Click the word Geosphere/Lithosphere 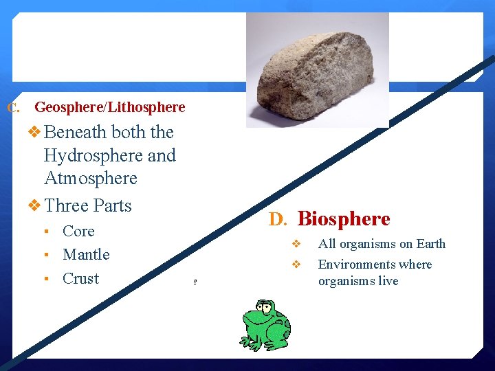pyautogui.click(x=110, y=107)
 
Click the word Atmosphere pyautogui.click(x=90, y=179)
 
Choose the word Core pyautogui.click(x=78, y=232)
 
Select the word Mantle pyautogui.click(x=86, y=255)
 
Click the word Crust pyautogui.click(x=80, y=279)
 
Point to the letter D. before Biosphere pyautogui.click(x=278, y=220)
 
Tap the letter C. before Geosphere pyautogui.click(x=13, y=108)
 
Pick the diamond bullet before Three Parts pyautogui.click(x=34, y=205)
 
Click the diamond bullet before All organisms pyautogui.click(x=296, y=244)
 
